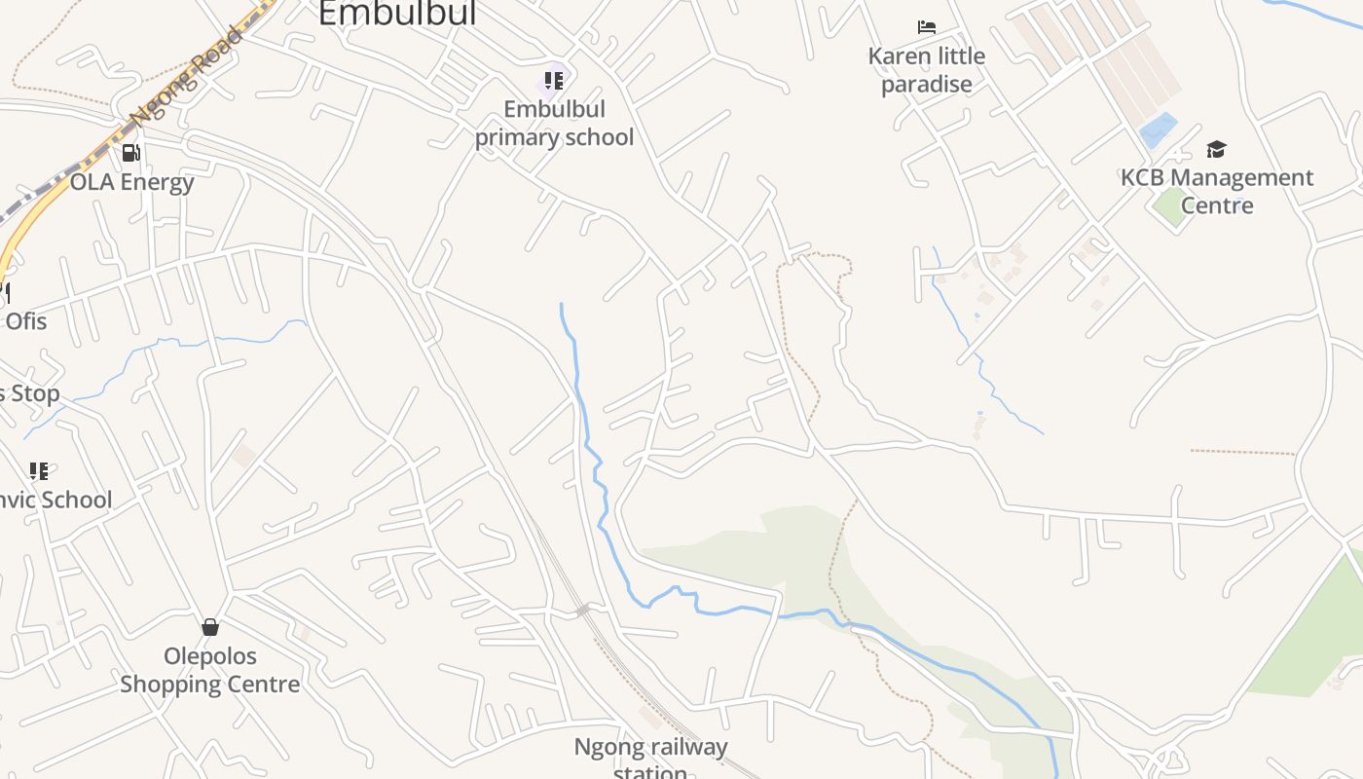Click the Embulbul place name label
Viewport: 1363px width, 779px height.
click(x=397, y=14)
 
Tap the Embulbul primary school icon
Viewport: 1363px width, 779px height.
click(x=554, y=81)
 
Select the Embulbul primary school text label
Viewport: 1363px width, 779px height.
click(x=554, y=123)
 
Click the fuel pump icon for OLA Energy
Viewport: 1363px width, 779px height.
click(x=131, y=153)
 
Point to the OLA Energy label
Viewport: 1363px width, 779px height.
click(x=132, y=182)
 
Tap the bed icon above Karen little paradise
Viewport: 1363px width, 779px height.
click(x=927, y=27)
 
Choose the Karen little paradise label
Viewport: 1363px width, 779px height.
click(x=927, y=70)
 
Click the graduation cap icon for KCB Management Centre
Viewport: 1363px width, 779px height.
click(x=1216, y=149)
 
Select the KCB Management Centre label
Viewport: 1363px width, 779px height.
click(x=1217, y=191)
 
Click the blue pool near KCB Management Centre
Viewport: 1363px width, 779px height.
click(x=1159, y=130)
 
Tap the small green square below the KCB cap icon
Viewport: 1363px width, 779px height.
click(x=1169, y=207)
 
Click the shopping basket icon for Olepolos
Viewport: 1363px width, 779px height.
click(x=210, y=627)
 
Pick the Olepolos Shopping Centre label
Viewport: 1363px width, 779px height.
click(x=210, y=670)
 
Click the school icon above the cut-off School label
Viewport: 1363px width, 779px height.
click(x=39, y=471)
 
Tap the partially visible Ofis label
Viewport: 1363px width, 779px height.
click(x=25, y=320)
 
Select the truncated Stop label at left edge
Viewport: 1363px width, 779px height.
click(x=30, y=393)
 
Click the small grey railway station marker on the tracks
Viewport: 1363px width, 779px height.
click(x=583, y=611)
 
